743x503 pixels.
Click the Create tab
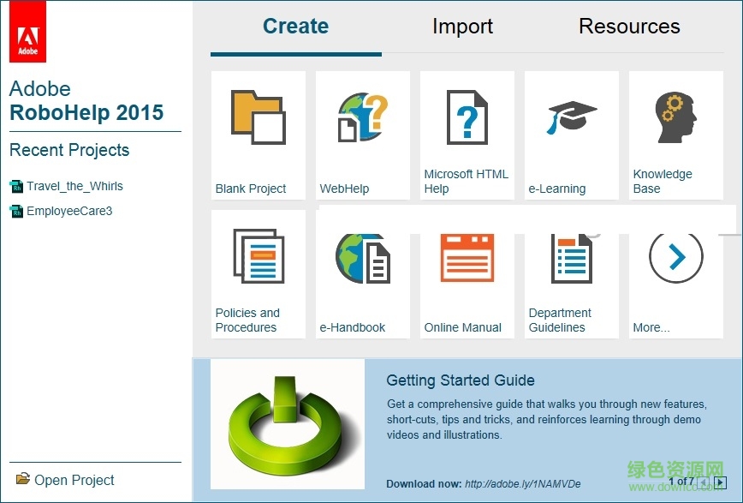[x=295, y=27]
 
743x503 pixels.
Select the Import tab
[x=462, y=27]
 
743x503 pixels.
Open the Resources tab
[x=629, y=27]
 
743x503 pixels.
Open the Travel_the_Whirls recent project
[x=74, y=186]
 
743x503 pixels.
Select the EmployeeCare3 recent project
[x=69, y=211]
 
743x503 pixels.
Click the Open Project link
[x=74, y=480]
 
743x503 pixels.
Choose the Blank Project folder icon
[x=258, y=117]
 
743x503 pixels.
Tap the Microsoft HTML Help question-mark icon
[x=467, y=117]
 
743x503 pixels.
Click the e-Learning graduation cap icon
[x=572, y=117]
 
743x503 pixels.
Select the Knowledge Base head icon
[x=676, y=117]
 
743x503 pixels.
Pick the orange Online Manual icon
[x=467, y=256]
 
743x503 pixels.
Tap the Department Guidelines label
[x=560, y=320]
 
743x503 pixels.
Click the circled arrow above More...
[x=676, y=256]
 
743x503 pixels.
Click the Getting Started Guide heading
[x=461, y=380]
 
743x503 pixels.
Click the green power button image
[x=287, y=424]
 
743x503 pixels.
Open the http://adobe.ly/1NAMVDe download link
[x=522, y=484]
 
